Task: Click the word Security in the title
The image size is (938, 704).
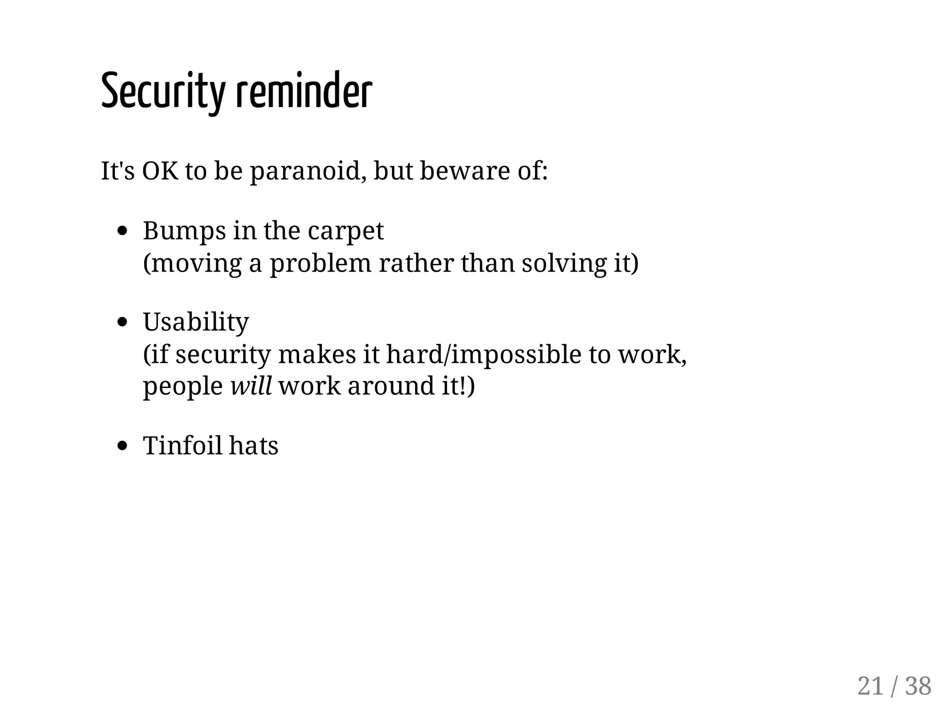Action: click(163, 92)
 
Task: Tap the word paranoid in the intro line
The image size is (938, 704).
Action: click(307, 172)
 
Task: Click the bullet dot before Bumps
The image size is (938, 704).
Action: click(122, 231)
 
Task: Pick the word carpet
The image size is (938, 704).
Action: click(346, 231)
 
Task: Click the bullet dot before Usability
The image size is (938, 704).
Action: click(122, 322)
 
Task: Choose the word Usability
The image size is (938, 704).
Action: click(196, 322)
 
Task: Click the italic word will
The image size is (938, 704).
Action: click(251, 386)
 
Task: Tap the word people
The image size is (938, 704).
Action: click(183, 387)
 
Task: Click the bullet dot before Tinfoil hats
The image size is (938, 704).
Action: click(122, 446)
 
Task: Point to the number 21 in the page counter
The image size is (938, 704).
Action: click(870, 686)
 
